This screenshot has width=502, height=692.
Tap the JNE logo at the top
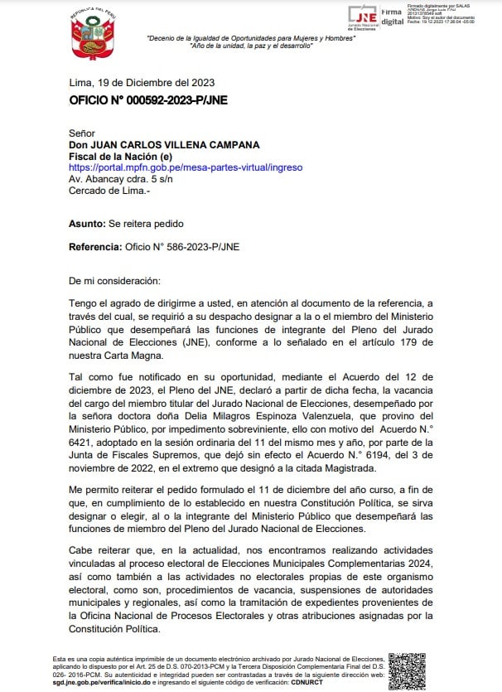coord(362,16)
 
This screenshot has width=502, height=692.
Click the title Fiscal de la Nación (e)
coord(120,156)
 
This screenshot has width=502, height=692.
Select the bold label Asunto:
coord(88,224)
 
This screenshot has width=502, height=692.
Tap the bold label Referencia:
coord(94,246)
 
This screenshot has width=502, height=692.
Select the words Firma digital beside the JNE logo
coord(392,17)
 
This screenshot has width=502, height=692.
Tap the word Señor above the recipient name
coord(82,133)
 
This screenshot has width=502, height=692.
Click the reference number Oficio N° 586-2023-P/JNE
coord(181,246)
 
